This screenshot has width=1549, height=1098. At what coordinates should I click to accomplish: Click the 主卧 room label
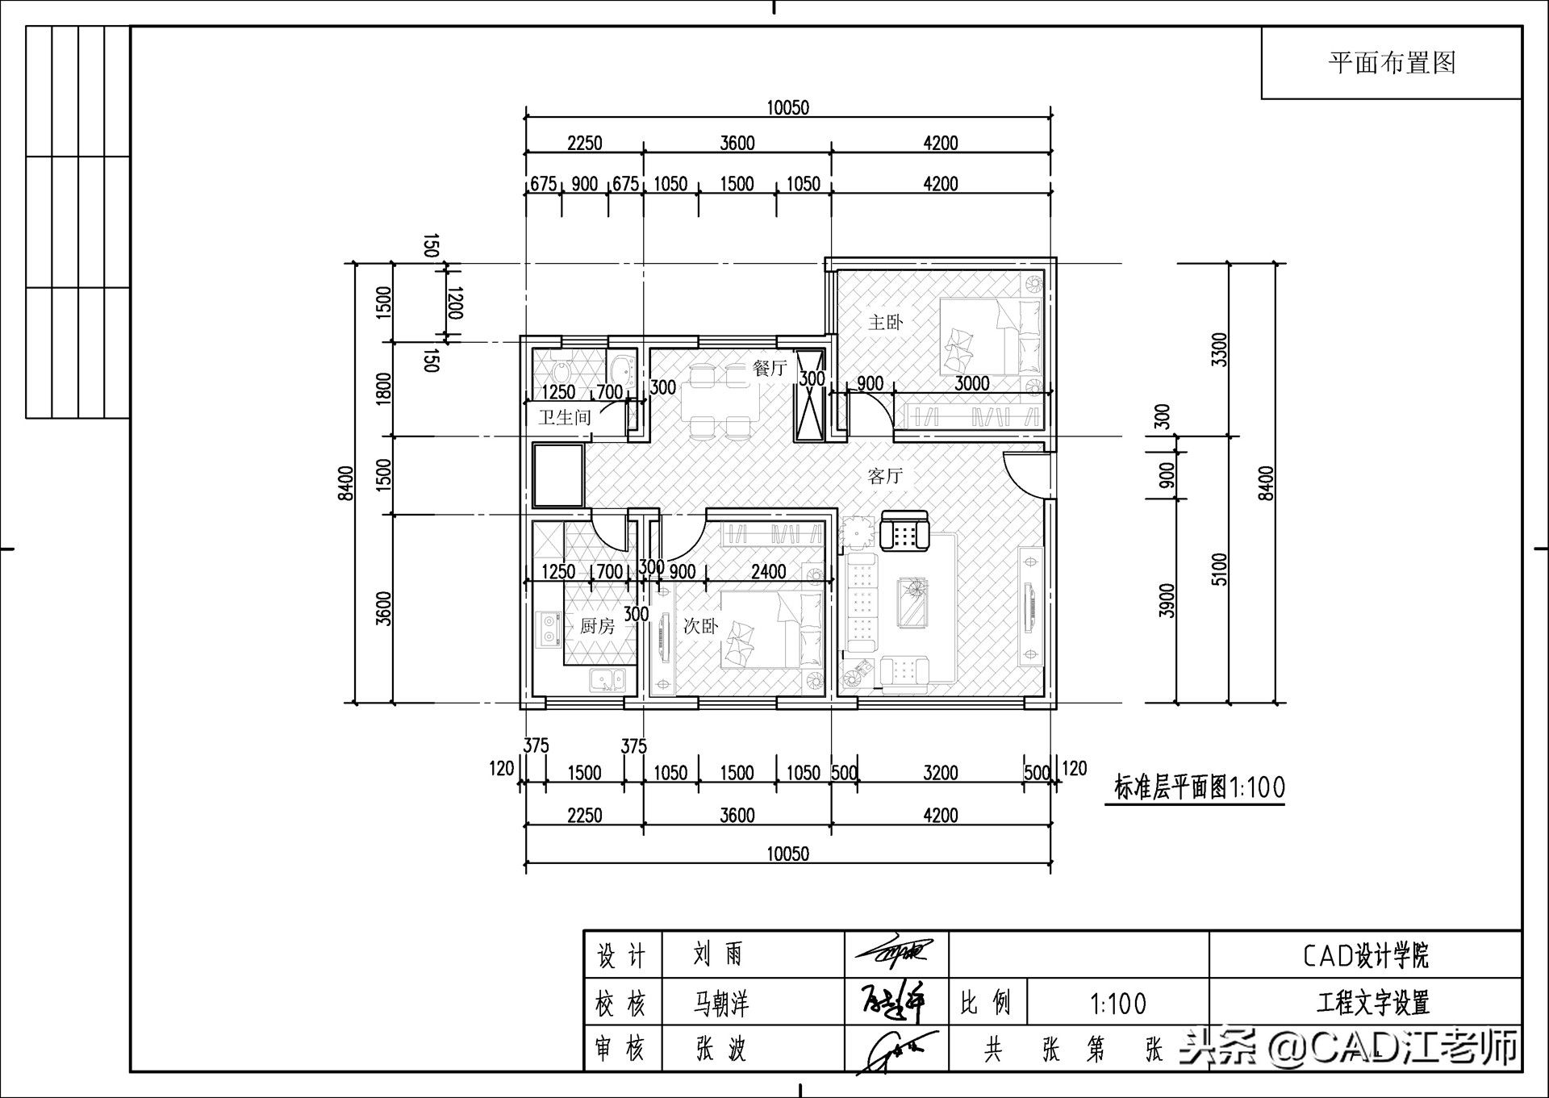point(885,323)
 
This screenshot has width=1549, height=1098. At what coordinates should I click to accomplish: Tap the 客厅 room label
point(885,476)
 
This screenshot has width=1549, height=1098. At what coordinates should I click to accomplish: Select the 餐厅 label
point(769,369)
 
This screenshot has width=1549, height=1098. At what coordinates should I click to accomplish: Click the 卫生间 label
point(565,417)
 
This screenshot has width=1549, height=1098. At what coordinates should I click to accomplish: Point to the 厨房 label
point(597,626)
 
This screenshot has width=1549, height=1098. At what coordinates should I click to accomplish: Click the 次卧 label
point(700,626)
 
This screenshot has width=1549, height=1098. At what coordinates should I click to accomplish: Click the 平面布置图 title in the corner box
point(1392,63)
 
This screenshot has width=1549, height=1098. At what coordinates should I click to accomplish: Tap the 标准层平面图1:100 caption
point(1199,787)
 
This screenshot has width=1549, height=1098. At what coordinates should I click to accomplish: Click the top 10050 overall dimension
point(787,108)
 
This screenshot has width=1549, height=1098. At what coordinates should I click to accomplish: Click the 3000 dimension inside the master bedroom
point(971,384)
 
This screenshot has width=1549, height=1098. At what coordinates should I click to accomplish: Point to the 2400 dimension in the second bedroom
point(768,572)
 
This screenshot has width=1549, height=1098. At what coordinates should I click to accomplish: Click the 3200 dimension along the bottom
point(940,773)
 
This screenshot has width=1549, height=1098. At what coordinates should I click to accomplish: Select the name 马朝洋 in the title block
point(721,1004)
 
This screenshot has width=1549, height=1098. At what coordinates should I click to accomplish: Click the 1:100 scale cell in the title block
point(1118,1004)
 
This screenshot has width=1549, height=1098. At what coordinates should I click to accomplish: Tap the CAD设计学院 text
point(1365,956)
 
